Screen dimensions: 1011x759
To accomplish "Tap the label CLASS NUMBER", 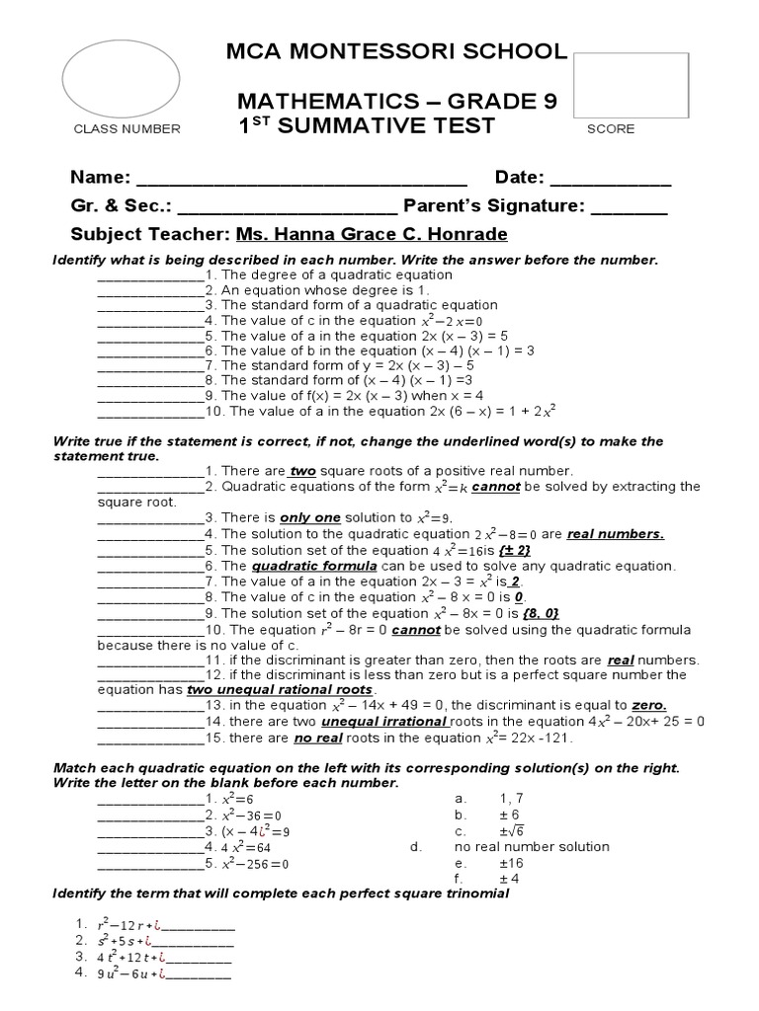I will [126, 129].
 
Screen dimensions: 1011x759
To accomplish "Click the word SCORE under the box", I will [611, 129].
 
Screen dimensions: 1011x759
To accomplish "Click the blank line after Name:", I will [301, 180].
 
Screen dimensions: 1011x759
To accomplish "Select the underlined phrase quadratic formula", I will [314, 566].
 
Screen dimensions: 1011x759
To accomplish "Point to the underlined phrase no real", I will [316, 738].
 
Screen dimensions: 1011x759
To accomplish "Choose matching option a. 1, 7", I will [472, 797].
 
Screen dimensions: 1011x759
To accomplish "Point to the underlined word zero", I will [648, 705].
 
